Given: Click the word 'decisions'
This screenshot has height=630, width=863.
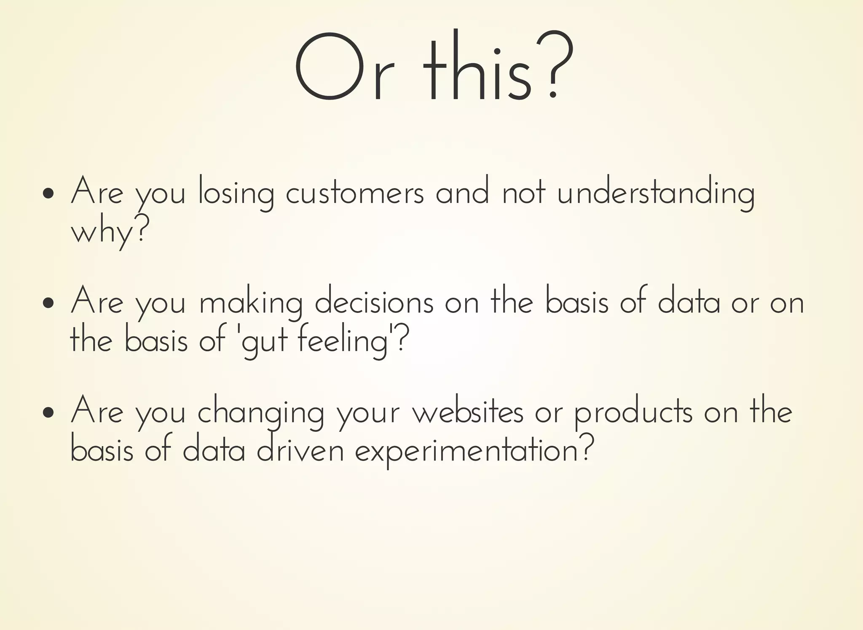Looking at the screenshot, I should click(x=374, y=302).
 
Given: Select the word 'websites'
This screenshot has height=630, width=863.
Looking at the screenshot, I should click(x=468, y=412).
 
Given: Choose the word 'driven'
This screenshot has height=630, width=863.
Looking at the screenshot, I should click(x=300, y=450).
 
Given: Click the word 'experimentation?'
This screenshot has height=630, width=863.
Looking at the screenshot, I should click(x=474, y=451).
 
